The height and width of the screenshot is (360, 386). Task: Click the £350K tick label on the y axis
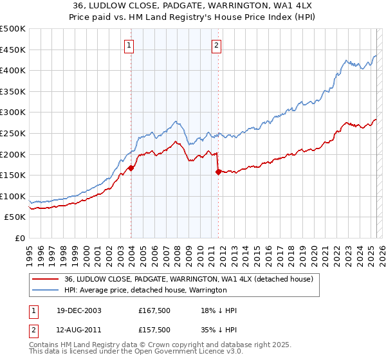click(13, 92)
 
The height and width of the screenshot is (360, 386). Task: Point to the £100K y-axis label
click(13, 197)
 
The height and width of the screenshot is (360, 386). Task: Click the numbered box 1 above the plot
click(130, 45)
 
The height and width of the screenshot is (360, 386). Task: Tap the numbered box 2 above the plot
click(217, 45)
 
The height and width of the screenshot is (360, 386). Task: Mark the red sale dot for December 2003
click(131, 168)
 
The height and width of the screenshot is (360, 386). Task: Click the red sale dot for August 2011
click(218, 172)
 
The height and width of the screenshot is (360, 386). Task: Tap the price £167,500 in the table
click(154, 310)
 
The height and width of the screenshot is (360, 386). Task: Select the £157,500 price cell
click(154, 329)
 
